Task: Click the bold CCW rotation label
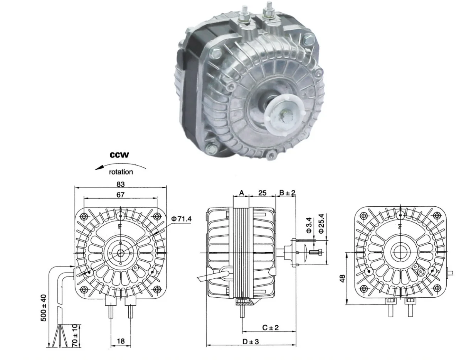(x=119, y=155)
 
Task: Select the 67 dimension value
(x=120, y=195)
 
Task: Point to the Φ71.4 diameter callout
(x=181, y=219)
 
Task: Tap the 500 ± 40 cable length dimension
(x=44, y=308)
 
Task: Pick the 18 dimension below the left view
(x=120, y=341)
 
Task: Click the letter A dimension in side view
(x=242, y=193)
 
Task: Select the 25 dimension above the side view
(x=262, y=193)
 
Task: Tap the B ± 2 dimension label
(x=287, y=193)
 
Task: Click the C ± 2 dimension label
(x=270, y=328)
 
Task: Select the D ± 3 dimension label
(x=251, y=341)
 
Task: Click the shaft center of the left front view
(x=121, y=253)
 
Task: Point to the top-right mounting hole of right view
(x=436, y=216)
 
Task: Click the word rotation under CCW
(x=121, y=172)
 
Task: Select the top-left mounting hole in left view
(x=84, y=216)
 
